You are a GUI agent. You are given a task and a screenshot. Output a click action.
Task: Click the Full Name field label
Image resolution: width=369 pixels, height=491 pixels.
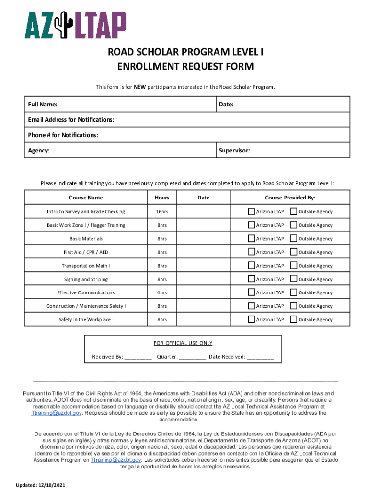click(x=43, y=105)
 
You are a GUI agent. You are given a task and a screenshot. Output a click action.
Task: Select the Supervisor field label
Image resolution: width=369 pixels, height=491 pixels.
click(x=234, y=151)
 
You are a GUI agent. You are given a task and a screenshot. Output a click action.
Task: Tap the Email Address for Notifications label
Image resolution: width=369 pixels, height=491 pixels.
click(x=71, y=120)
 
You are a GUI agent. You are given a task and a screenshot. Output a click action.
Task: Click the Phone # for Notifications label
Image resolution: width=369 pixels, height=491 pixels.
click(x=63, y=135)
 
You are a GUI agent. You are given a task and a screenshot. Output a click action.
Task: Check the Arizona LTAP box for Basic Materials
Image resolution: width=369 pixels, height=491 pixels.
click(x=252, y=238)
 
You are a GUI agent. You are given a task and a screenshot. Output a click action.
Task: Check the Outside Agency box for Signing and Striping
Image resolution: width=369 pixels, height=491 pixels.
click(x=294, y=279)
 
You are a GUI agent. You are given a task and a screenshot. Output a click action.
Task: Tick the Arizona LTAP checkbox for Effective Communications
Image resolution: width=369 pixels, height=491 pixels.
click(x=252, y=292)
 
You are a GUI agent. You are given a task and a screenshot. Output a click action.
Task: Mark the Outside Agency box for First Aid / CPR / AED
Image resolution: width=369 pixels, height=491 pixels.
click(x=294, y=252)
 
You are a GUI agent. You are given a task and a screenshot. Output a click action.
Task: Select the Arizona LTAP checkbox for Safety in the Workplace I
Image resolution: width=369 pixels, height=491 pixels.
click(x=252, y=319)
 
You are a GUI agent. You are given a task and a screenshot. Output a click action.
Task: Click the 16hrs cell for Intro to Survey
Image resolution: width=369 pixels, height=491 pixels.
click(x=161, y=211)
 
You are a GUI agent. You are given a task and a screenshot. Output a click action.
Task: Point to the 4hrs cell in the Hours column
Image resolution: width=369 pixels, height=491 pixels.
click(x=161, y=292)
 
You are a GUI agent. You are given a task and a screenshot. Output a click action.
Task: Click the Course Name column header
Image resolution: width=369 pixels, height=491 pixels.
click(x=86, y=198)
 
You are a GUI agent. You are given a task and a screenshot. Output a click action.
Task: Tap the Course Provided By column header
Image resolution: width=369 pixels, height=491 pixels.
click(x=290, y=198)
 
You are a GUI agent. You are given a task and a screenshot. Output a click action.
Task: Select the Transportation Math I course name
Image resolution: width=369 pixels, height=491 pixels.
click(x=86, y=266)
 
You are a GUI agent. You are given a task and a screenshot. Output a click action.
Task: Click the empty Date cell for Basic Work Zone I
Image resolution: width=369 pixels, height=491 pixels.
click(x=203, y=225)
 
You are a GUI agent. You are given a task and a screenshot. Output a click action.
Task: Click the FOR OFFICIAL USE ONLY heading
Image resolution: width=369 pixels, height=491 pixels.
click(x=183, y=343)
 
